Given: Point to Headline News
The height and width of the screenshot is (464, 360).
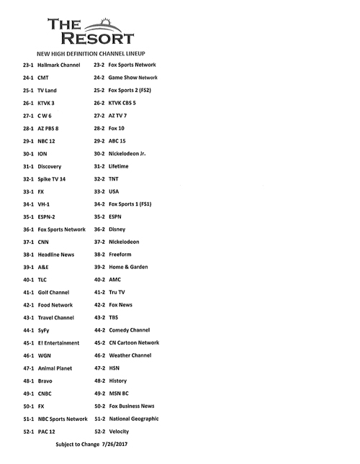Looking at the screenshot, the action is click(x=60, y=254).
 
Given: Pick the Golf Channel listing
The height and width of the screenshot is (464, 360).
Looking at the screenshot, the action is click(x=59, y=293).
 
